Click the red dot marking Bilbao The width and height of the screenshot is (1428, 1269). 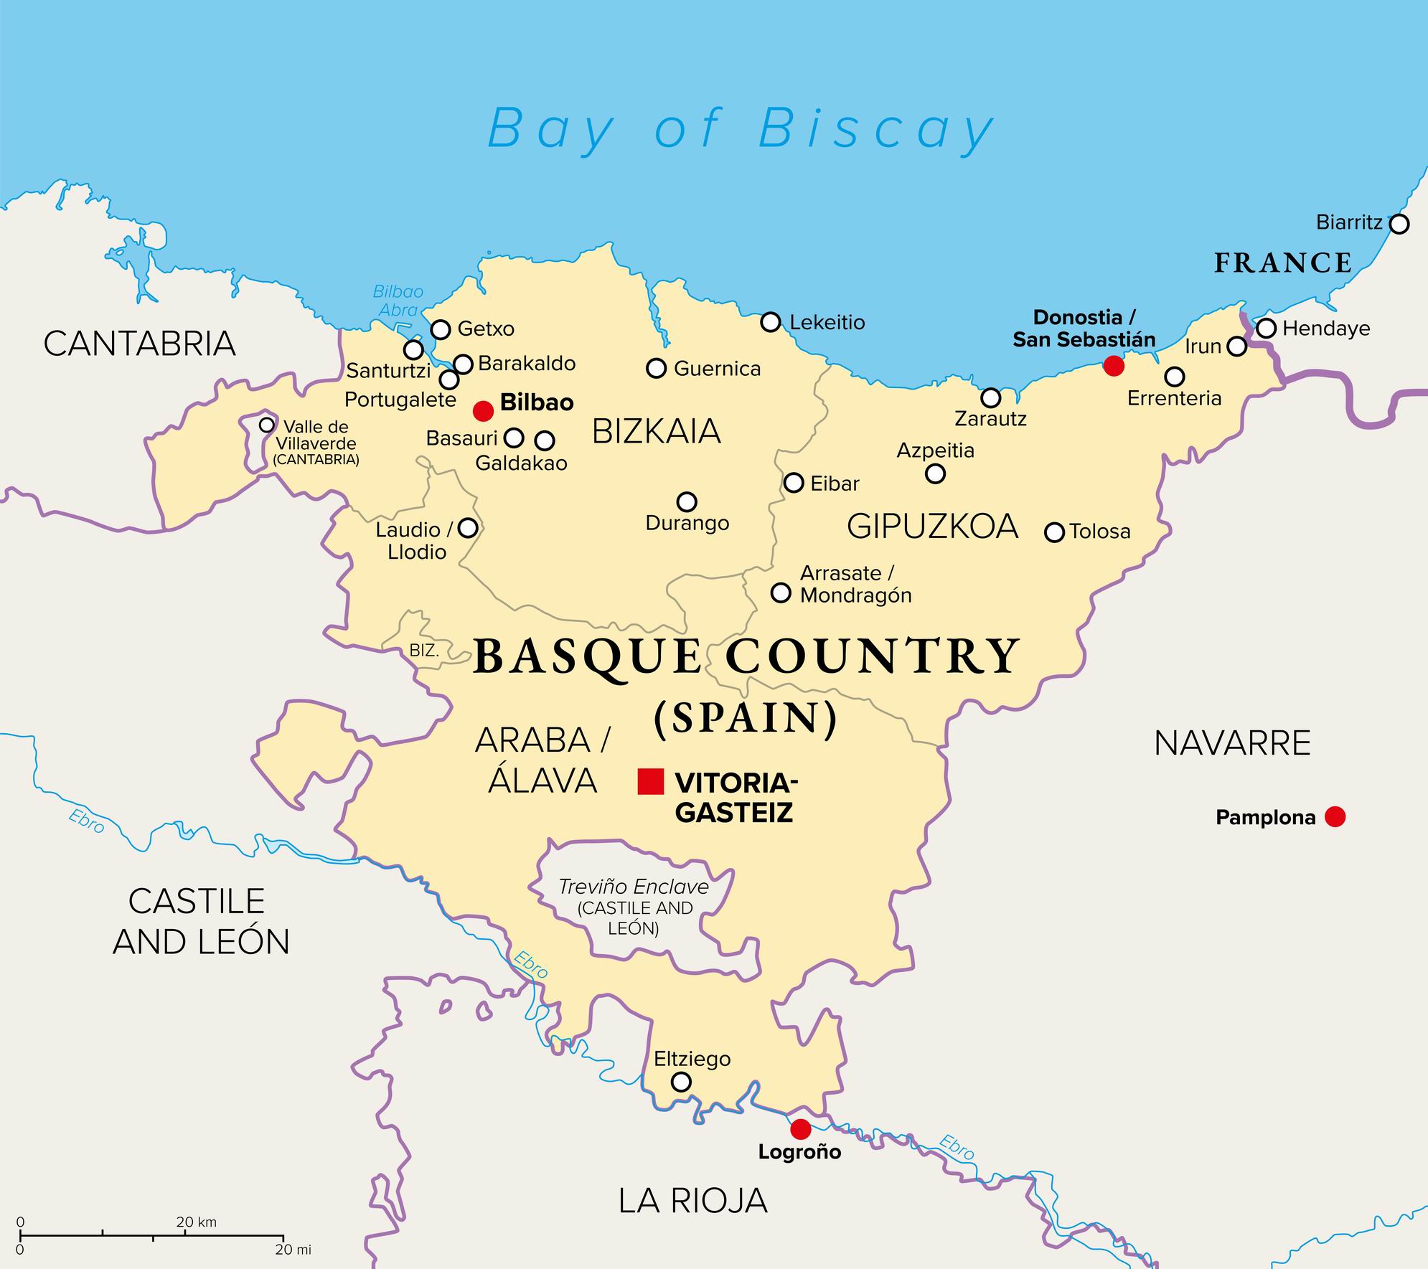click(x=484, y=411)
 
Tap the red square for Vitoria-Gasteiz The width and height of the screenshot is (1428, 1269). click(x=651, y=781)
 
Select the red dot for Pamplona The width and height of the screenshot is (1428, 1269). click(x=1335, y=816)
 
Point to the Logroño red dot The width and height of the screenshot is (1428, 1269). click(x=801, y=1129)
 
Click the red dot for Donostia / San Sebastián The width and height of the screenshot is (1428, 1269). click(x=1114, y=366)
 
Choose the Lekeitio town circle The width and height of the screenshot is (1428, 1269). click(x=771, y=322)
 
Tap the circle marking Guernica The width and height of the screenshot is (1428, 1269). click(x=657, y=368)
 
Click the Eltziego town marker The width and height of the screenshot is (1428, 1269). click(x=681, y=1082)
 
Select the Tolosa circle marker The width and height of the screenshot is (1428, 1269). click(x=1054, y=532)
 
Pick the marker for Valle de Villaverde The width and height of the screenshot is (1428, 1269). click(x=267, y=425)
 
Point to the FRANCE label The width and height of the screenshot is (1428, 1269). click(x=1283, y=263)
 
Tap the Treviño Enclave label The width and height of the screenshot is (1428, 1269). click(x=634, y=887)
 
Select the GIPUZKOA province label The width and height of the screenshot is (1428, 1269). click(x=932, y=527)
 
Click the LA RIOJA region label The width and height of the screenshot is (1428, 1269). click(x=693, y=1201)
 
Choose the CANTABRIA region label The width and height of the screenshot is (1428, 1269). click(x=140, y=344)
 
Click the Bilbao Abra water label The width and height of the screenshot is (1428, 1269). click(x=398, y=301)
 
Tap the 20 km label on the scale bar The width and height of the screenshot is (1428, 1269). click(x=196, y=1222)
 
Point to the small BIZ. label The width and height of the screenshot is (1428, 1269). click(x=423, y=651)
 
